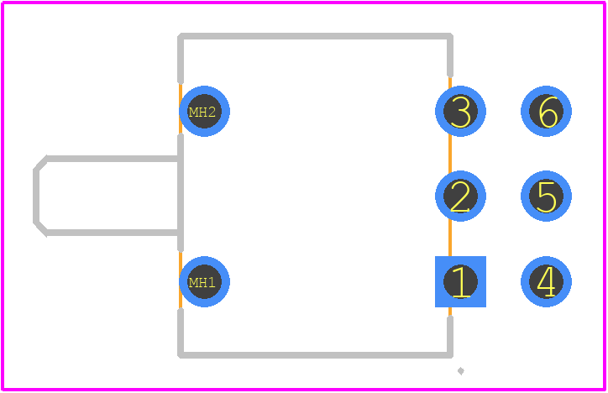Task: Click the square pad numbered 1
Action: pyautogui.click(x=460, y=281)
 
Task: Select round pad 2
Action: pyautogui.click(x=460, y=196)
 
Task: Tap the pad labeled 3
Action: pyautogui.click(x=460, y=111)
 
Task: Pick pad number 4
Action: pyautogui.click(x=546, y=281)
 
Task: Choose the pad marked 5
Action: pyautogui.click(x=546, y=196)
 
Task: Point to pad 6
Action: pyautogui.click(x=546, y=111)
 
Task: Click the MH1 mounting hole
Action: pyautogui.click(x=204, y=281)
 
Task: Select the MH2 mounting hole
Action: pyautogui.click(x=204, y=111)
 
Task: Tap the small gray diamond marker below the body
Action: pyautogui.click(x=461, y=371)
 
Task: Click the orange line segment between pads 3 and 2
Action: pyautogui.click(x=450, y=154)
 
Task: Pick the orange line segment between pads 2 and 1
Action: pyautogui.click(x=450, y=238)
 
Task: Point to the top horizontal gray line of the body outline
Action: pyautogui.click(x=315, y=36)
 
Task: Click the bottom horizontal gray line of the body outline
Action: pyautogui.click(x=315, y=355)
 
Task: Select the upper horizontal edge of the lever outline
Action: pyautogui.click(x=113, y=159)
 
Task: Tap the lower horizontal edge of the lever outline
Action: pyautogui.click(x=113, y=233)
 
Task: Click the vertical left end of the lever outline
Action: pyautogui.click(x=36, y=196)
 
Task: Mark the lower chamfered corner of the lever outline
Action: pyautogui.click(x=41, y=228)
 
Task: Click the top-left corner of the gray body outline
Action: pyautogui.click(x=181, y=36)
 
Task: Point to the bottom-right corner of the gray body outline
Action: pyautogui.click(x=450, y=355)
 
